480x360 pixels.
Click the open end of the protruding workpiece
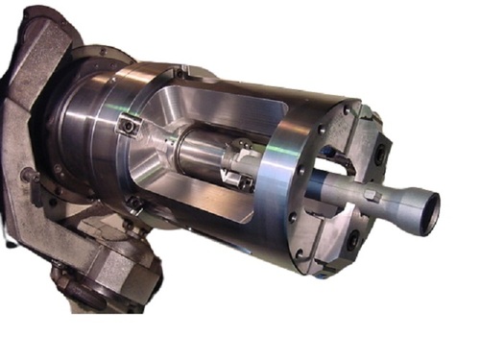point(430,204)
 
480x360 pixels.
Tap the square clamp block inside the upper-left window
point(127,126)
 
